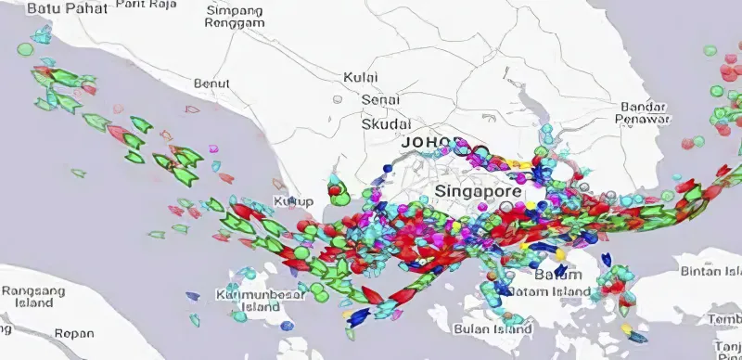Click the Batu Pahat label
(68, 8)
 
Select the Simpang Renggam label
(234, 16)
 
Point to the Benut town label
(211, 84)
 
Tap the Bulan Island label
(493, 329)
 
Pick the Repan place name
(74, 333)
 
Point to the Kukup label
(294, 201)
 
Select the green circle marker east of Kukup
(339, 198)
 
